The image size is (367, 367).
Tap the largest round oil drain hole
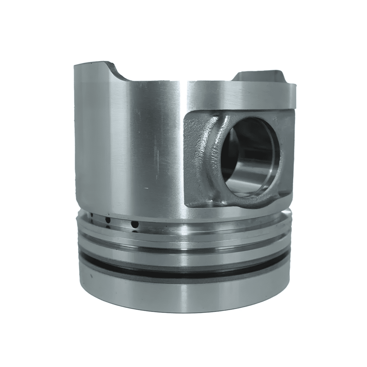point(135,225)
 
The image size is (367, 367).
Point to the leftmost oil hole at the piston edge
point(91,216)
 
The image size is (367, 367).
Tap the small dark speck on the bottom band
point(91,276)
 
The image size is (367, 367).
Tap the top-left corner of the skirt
point(76,67)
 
